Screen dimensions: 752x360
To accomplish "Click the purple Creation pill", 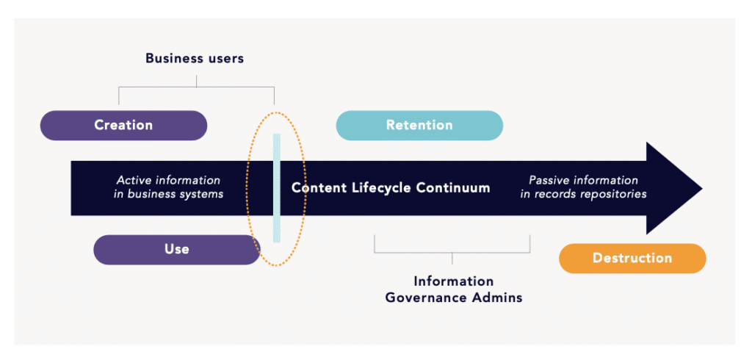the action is pos(123,126).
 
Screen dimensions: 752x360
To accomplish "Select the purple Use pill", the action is pos(176,250).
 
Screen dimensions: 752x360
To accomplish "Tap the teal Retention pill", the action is pos(419,126).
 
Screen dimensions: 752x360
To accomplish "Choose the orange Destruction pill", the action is pos(632,258).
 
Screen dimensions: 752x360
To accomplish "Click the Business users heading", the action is pos(195,59).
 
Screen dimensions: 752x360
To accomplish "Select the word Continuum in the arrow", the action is pos(452,187).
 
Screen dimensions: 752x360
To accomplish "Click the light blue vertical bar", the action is pos(277,188).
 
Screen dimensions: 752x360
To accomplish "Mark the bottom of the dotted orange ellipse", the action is pos(276,265).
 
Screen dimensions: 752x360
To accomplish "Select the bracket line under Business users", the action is pos(197,87).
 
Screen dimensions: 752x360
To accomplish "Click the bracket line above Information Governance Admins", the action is pos(452,252).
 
